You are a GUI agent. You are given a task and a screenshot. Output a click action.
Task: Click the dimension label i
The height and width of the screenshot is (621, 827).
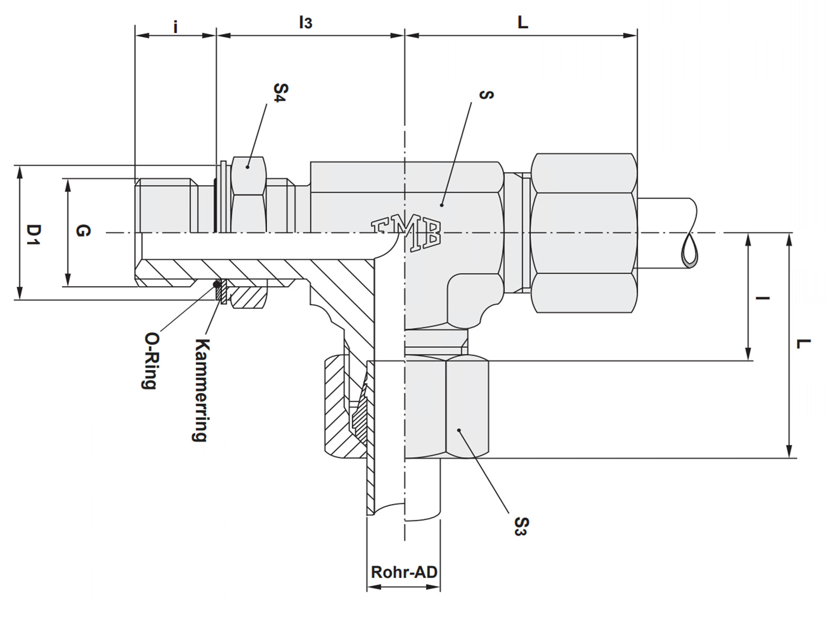176,26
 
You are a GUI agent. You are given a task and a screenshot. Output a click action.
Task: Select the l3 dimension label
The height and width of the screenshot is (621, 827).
305,22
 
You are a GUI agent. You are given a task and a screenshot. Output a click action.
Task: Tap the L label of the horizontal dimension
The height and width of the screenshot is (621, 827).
523,22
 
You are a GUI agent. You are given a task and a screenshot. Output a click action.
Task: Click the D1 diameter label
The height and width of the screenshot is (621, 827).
33,235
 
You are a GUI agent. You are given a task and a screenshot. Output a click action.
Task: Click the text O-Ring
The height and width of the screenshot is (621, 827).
150,360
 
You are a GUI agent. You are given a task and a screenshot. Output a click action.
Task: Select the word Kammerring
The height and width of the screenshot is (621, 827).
201,390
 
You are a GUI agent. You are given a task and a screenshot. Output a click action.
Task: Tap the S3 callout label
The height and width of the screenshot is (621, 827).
521,526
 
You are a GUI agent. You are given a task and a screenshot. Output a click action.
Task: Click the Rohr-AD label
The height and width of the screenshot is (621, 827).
404,572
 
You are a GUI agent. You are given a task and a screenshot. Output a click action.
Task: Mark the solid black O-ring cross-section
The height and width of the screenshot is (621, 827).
217,284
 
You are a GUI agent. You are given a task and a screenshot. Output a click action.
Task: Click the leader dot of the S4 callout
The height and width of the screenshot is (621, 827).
248,167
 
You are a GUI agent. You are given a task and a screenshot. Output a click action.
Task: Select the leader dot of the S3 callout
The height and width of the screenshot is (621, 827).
458,430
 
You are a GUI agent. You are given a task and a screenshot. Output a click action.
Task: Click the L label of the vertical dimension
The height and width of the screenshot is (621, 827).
803,343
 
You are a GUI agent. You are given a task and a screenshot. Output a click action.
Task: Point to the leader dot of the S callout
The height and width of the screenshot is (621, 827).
442,205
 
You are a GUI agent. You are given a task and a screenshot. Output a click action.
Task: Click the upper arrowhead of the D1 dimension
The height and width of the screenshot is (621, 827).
20,171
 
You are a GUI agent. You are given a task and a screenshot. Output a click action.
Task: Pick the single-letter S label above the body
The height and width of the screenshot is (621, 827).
486,95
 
